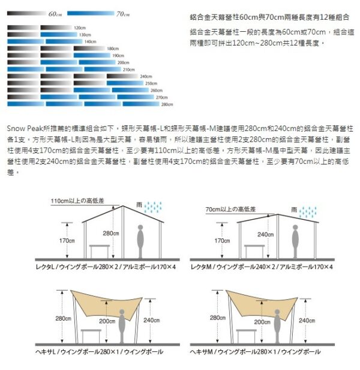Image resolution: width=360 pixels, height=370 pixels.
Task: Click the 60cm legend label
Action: tap(55, 14)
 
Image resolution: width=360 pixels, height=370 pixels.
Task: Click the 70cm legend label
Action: tap(123, 14)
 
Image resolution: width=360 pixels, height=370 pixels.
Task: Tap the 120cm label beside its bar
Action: tap(80, 28)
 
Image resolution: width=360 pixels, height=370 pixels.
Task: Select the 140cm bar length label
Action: tap(91, 42)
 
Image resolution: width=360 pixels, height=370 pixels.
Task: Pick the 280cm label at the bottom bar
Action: tap(167, 105)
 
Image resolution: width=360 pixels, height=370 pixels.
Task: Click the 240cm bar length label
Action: tap(145, 77)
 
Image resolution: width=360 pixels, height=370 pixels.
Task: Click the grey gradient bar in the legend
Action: tap(27, 13)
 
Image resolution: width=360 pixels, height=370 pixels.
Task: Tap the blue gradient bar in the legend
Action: tap(90, 13)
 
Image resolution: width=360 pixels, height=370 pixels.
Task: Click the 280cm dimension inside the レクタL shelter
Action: tap(111, 233)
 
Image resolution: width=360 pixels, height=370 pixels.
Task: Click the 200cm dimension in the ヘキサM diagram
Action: tap(262, 323)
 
